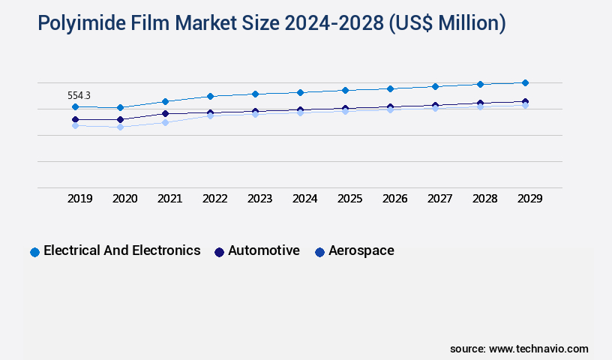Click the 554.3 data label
[x=79, y=96]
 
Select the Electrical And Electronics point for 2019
[x=75, y=107]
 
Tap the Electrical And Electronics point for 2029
[x=525, y=82]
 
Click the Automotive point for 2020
[x=120, y=119]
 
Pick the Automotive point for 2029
[x=525, y=101]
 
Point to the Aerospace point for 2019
[x=75, y=125]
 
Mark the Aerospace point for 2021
[x=165, y=122]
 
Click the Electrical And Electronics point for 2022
[x=210, y=96]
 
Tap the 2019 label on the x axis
[x=79, y=199]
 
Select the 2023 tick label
[x=259, y=199]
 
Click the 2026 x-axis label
[x=394, y=199]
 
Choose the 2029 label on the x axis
[x=529, y=199]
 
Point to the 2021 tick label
[x=169, y=199]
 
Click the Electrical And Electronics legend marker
[x=34, y=252]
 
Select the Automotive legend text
[x=264, y=250]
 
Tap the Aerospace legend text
[x=361, y=250]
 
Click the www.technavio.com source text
[x=538, y=349]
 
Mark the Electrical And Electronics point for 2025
[x=345, y=90]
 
